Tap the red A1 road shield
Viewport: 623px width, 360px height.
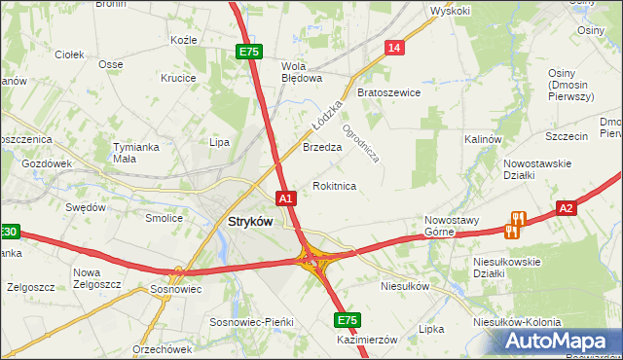coord(286,198)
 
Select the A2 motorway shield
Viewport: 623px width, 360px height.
coord(568,207)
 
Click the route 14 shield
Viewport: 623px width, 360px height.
coord(394,48)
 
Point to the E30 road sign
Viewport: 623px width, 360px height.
coord(8,233)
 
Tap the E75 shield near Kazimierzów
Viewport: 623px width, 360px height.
coord(348,320)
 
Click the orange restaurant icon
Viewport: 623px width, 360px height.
coord(516,225)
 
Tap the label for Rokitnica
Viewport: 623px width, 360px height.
coord(334,186)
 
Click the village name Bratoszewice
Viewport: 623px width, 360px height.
coord(388,93)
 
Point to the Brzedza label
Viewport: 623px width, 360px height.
coord(322,148)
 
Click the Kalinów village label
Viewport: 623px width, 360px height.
coord(482,140)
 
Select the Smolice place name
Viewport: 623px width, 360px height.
coord(165,218)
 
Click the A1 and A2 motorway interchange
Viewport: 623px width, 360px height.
coord(312,259)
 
